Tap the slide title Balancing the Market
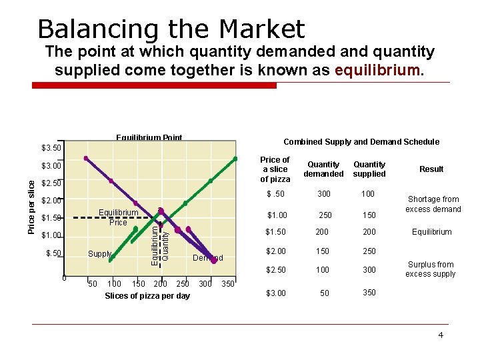click(171, 29)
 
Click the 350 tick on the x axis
click(228, 284)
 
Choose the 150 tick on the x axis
click(139, 284)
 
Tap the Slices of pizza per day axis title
click(147, 296)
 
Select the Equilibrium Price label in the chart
click(118, 217)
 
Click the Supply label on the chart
click(99, 254)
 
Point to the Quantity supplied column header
click(369, 169)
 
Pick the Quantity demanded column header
click(324, 169)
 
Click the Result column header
click(431, 169)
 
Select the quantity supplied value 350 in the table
click(369, 292)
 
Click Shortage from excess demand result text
click(434, 204)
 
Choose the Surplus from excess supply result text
click(430, 269)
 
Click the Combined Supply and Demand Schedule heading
click(361, 141)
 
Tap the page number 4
click(440, 335)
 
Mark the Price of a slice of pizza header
click(275, 169)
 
